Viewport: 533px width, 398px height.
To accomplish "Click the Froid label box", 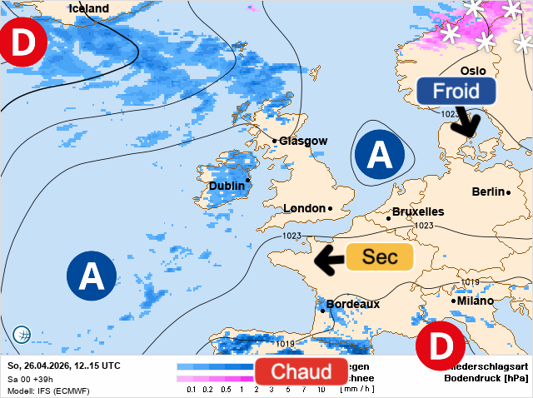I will coord(456,91).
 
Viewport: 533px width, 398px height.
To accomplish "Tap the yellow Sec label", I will coord(379,257).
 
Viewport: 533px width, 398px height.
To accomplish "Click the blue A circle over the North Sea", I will coord(380,155).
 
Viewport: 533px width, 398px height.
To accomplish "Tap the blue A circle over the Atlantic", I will coord(92,275).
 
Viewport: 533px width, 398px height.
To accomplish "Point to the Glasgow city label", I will coord(302,141).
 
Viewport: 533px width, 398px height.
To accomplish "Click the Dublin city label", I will coord(227,186).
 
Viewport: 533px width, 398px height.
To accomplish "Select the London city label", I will coord(305,208).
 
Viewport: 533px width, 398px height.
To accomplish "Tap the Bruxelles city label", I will coord(417,211).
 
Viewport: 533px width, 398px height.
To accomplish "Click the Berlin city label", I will coord(488,192).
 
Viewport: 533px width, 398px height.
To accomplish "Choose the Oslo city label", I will coord(472,71).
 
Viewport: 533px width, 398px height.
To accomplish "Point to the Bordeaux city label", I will coord(353,304).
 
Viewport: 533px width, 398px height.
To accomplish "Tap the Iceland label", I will coord(88,8).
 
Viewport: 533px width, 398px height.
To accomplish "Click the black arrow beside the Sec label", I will coord(329,259).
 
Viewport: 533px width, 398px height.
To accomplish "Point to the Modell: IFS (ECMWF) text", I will coord(47,391).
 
